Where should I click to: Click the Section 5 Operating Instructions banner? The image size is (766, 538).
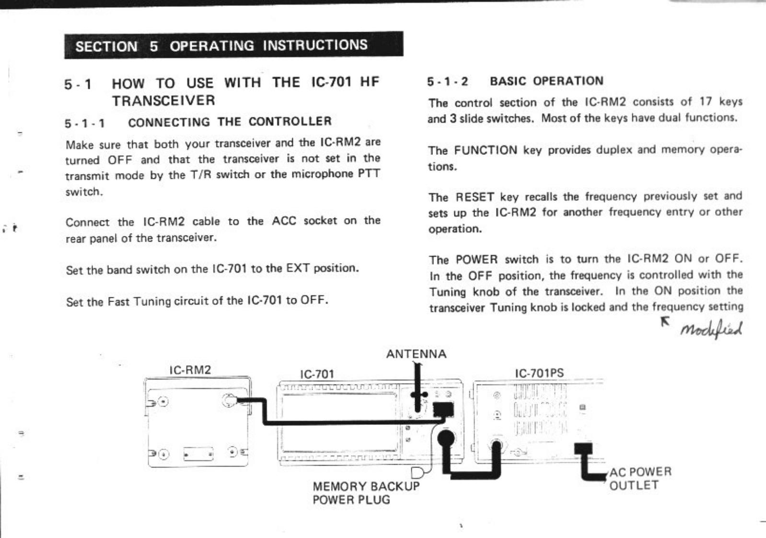pyautogui.click(x=233, y=46)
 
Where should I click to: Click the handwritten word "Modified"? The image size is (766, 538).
pyautogui.click(x=711, y=329)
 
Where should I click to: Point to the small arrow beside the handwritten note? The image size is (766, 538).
pyautogui.click(x=665, y=321)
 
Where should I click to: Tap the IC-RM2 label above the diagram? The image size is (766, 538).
pyautogui.click(x=190, y=370)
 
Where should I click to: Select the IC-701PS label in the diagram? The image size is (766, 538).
pyautogui.click(x=539, y=373)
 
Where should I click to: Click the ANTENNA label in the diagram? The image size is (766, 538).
pyautogui.click(x=416, y=354)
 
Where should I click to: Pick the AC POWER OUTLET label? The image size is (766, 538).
pyautogui.click(x=640, y=479)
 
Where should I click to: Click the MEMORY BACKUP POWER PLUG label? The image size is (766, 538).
pyautogui.click(x=366, y=493)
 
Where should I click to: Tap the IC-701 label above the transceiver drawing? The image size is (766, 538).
pyautogui.click(x=317, y=374)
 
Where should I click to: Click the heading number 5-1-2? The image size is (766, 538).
pyautogui.click(x=448, y=82)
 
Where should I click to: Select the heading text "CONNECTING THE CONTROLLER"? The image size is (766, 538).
pyautogui.click(x=230, y=122)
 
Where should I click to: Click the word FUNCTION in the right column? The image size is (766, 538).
pyautogui.click(x=485, y=151)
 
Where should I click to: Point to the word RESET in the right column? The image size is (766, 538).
pyautogui.click(x=475, y=197)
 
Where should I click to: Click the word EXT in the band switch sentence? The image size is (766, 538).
pyautogui.click(x=298, y=268)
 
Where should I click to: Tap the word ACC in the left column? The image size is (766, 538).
pyautogui.click(x=284, y=221)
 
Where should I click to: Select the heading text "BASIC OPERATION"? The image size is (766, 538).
pyautogui.click(x=546, y=81)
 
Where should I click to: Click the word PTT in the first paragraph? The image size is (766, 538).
pyautogui.click(x=369, y=174)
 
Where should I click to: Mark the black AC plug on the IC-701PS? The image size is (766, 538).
pyautogui.click(x=583, y=450)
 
